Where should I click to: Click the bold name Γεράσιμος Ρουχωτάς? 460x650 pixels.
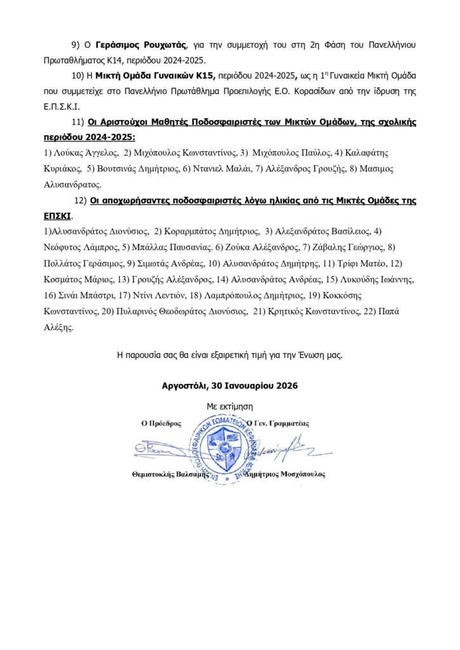pyautogui.click(x=141, y=45)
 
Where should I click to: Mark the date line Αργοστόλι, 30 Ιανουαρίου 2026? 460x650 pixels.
pyautogui.click(x=229, y=385)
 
